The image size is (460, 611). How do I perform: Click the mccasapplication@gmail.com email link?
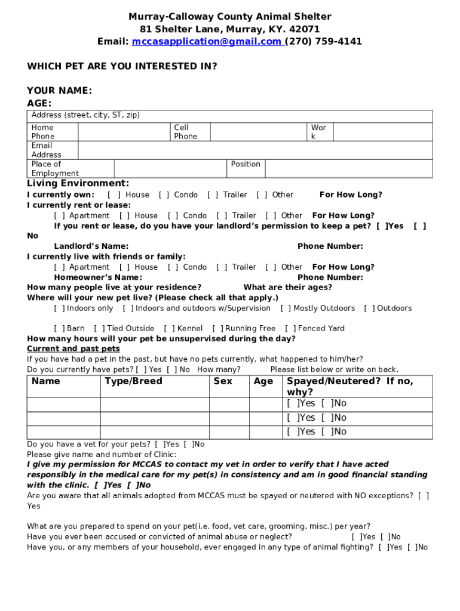207,42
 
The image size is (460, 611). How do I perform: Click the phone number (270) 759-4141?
323,42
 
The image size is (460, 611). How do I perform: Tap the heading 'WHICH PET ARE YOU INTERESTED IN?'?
122,66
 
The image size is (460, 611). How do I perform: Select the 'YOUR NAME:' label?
59,91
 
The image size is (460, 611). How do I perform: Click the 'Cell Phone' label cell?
185,132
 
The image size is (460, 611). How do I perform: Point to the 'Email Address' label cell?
46,150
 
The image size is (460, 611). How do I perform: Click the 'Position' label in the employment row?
246,164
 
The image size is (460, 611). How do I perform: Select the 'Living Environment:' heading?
78,183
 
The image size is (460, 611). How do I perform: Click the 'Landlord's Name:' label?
91,246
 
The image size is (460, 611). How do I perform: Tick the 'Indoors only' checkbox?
59,308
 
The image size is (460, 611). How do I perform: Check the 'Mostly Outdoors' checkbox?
286,308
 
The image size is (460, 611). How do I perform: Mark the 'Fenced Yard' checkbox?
290,329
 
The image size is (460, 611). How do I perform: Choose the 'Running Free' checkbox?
217,329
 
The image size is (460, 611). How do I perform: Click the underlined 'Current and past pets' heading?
73,349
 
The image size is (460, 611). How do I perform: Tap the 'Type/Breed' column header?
133,381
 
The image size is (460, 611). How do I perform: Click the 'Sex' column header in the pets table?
223,381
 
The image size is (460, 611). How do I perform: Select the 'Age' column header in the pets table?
263,381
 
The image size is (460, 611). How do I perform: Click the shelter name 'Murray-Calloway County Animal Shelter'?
230,17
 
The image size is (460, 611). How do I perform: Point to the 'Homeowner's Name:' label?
98,277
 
